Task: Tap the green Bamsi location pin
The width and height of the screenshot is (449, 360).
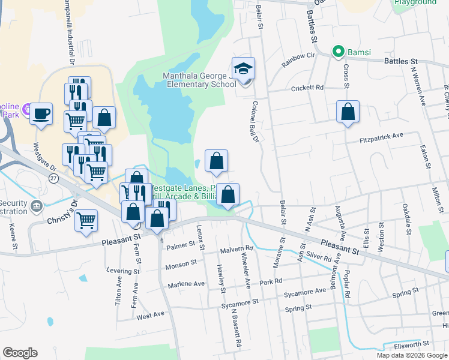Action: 339,52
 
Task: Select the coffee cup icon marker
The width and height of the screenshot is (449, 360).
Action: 41,113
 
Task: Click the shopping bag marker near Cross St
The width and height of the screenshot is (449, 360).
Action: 348,112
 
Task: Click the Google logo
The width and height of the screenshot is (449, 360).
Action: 20,353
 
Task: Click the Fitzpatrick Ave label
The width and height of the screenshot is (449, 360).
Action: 381,137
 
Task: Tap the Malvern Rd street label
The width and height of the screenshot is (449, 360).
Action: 237,248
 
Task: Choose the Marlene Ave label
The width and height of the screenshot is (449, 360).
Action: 186,284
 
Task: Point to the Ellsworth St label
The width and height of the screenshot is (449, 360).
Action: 410,344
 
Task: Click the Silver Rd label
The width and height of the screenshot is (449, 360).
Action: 319,255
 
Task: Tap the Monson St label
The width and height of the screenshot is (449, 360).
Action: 181,263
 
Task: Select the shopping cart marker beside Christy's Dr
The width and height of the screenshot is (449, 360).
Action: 86,220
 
